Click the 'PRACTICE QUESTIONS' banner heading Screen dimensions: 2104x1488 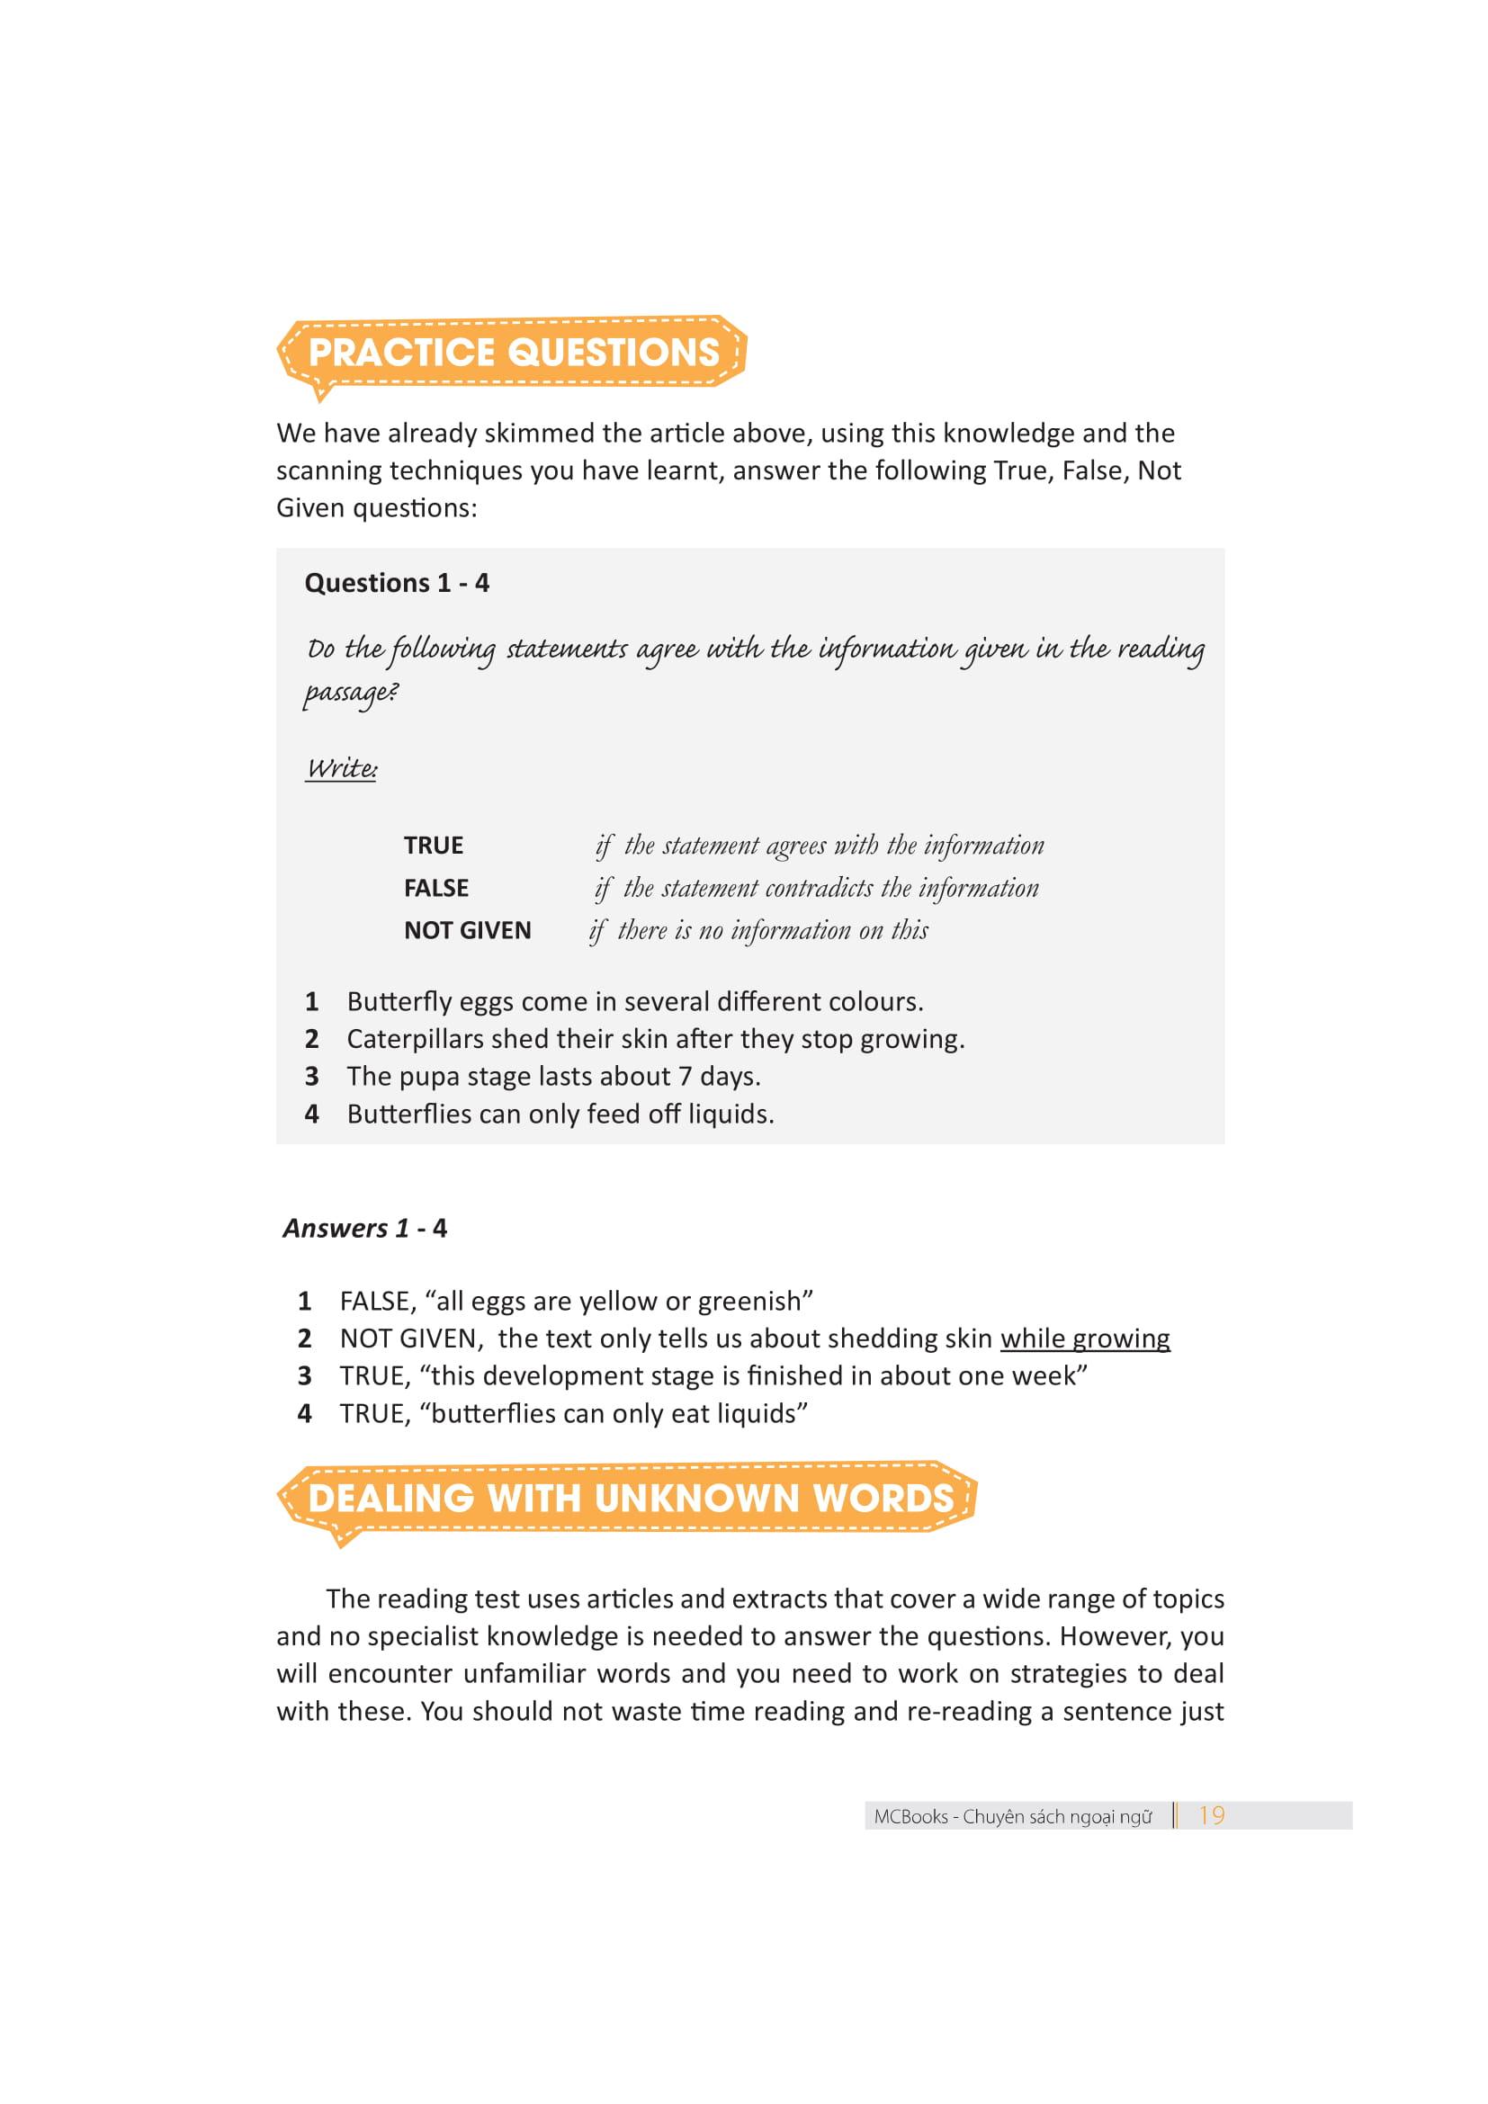coord(513,352)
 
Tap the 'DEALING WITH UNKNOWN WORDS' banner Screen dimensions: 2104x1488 coord(631,1499)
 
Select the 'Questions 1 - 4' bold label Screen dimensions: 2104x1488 coord(397,583)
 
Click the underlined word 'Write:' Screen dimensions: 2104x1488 coord(341,768)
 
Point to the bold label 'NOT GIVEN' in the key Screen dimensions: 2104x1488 coord(467,930)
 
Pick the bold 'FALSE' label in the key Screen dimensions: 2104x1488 coord(436,888)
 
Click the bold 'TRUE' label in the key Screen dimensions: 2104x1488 coord(434,845)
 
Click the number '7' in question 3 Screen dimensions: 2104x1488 coord(685,1077)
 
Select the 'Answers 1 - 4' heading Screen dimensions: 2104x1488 coord(364,1228)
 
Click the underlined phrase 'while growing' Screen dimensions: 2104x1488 coord(1085,1339)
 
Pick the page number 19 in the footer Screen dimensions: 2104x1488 coord(1211,1815)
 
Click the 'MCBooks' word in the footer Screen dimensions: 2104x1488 coord(910,1817)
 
